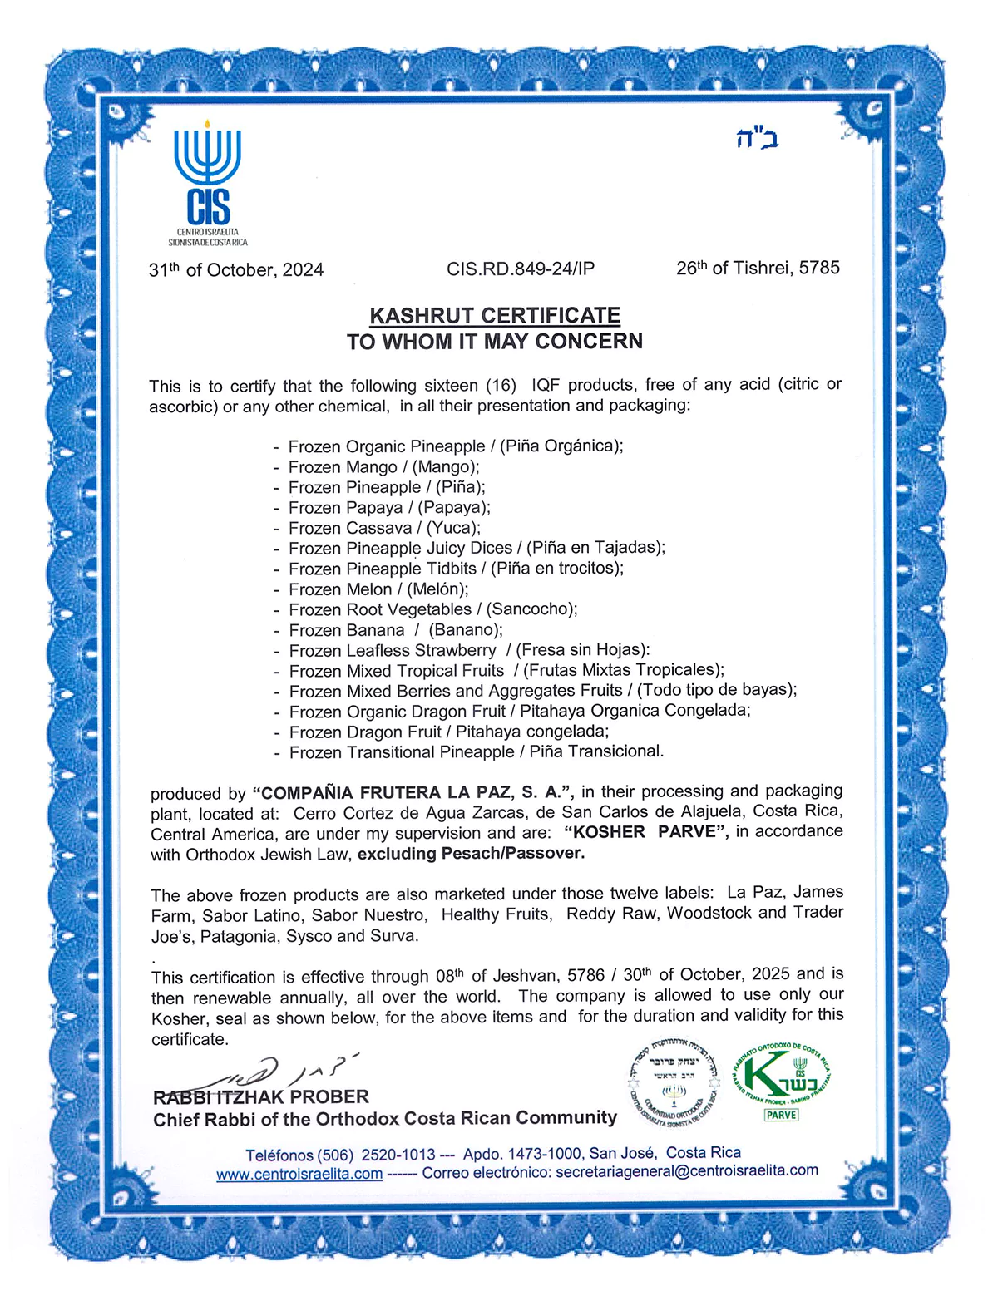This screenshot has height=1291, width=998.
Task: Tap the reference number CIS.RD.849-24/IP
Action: pos(521,269)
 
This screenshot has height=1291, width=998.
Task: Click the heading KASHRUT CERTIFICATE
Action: pos(495,316)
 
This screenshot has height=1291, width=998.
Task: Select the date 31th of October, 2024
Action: pos(236,270)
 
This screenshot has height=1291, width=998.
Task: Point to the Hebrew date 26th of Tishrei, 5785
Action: pos(758,268)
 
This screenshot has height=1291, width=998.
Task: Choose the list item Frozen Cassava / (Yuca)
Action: pos(383,528)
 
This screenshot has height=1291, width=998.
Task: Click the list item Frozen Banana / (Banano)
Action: pos(395,630)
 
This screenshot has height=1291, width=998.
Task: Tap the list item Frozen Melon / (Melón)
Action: pos(378,589)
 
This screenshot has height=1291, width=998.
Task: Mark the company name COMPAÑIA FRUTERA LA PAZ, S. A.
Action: pos(413,792)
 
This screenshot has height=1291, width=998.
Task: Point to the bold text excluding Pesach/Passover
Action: pos(472,853)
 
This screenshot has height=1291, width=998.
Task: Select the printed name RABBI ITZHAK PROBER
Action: pos(260,1097)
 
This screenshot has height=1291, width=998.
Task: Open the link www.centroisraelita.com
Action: pos(299,1174)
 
